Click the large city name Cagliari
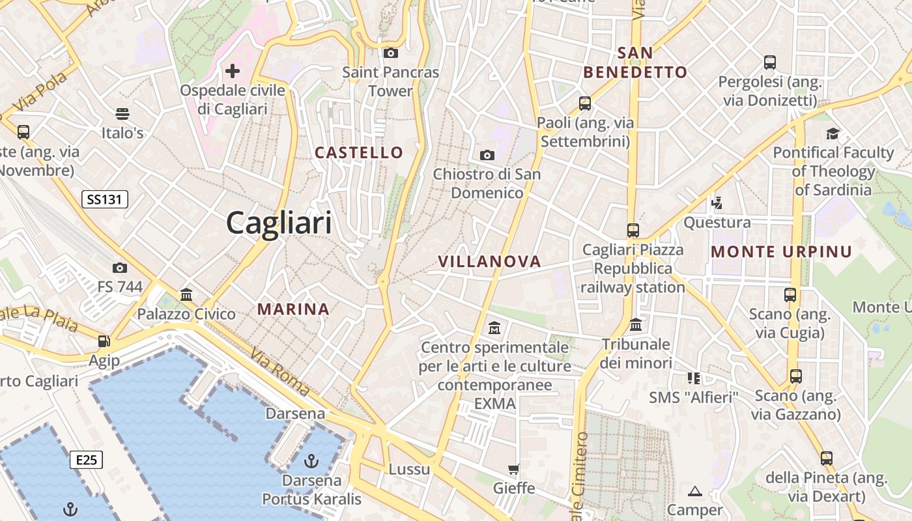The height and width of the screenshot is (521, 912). pyautogui.click(x=279, y=223)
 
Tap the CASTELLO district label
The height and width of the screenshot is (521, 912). pyautogui.click(x=359, y=152)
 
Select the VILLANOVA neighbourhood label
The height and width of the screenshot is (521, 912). pyautogui.click(x=489, y=261)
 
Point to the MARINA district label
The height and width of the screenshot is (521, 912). pyautogui.click(x=293, y=309)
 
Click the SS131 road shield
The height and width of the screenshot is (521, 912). pyautogui.click(x=104, y=199)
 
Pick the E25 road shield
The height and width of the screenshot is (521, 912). pyautogui.click(x=86, y=460)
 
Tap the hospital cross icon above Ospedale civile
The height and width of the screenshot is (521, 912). pyautogui.click(x=233, y=71)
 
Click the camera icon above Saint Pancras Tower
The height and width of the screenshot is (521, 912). pyautogui.click(x=391, y=53)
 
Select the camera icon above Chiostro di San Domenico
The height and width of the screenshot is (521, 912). pyautogui.click(x=487, y=155)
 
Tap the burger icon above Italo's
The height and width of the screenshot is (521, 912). pyautogui.click(x=122, y=114)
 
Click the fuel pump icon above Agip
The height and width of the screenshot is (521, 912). pyautogui.click(x=104, y=341)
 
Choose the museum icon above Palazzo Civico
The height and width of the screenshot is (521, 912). pyautogui.click(x=186, y=294)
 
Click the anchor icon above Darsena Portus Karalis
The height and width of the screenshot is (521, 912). pyautogui.click(x=311, y=461)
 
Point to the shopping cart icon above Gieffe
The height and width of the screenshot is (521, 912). pyautogui.click(x=514, y=469)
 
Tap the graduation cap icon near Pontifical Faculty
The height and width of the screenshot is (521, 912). pyautogui.click(x=833, y=134)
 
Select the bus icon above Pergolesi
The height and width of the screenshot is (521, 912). pyautogui.click(x=769, y=63)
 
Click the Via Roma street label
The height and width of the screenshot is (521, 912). pyautogui.click(x=280, y=372)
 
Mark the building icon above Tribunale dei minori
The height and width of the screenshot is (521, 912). pyautogui.click(x=636, y=324)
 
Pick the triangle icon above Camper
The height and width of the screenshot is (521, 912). pyautogui.click(x=695, y=491)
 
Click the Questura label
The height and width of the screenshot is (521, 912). pyautogui.click(x=717, y=223)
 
